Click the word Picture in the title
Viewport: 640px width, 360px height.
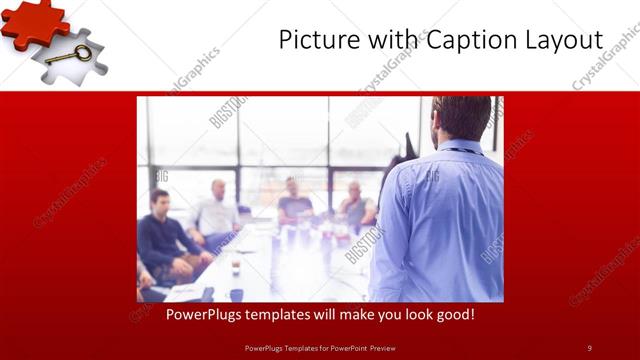(x=317, y=41)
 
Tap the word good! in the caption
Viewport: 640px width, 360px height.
(x=453, y=314)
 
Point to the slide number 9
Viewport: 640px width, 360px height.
(x=589, y=347)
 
